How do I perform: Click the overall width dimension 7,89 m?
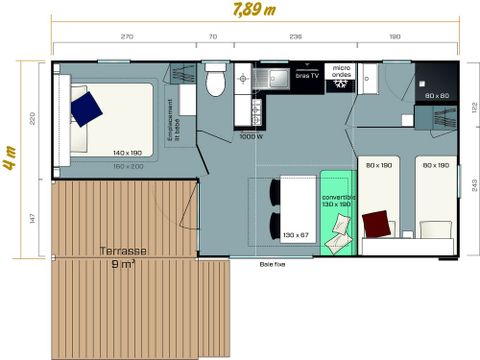254,13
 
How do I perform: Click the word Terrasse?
122,252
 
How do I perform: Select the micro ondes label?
340,75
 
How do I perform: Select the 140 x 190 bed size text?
129,154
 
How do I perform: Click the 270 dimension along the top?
126,37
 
